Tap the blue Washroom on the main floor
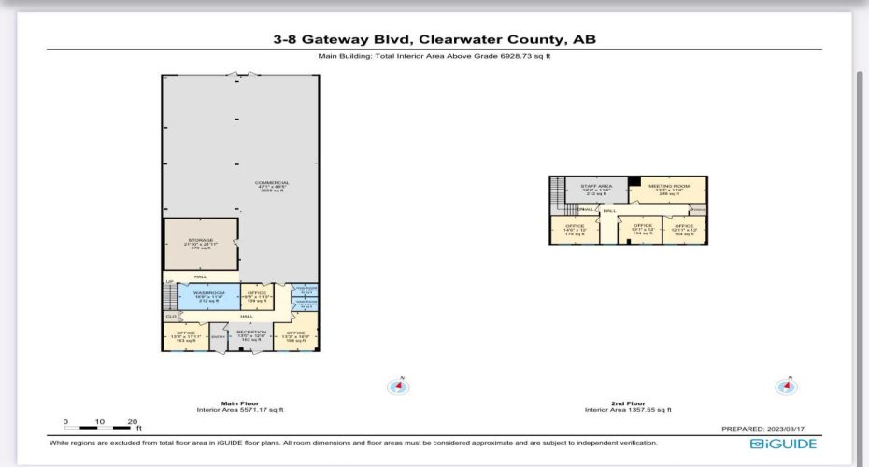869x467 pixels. [203, 297]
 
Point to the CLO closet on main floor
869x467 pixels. [171, 317]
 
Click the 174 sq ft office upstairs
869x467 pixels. [574, 229]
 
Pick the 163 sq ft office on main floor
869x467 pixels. [186, 335]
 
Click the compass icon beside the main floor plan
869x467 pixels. [400, 386]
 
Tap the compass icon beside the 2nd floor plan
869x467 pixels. [787, 386]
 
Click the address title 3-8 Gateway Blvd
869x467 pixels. [434, 39]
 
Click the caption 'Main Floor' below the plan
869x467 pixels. [240, 403]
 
